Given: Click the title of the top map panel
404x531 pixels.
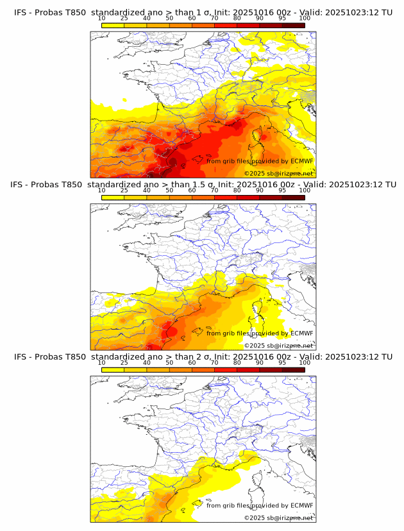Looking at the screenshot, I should [202, 12].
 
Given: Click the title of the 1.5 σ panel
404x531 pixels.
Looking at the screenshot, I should [202, 185].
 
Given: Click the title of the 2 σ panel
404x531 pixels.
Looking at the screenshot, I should [202, 357].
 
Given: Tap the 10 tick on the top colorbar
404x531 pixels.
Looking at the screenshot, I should [102, 19].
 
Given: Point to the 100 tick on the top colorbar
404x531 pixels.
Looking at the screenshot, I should [305, 19].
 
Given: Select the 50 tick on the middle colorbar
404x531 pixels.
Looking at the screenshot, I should [169, 191].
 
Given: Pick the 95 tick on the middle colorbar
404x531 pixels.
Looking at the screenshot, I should [282, 191].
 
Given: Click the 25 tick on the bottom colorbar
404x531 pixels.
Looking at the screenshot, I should [124, 363].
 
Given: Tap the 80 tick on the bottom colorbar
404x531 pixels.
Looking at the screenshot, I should [237, 363].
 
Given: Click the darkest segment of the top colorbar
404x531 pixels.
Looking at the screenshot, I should [293, 25].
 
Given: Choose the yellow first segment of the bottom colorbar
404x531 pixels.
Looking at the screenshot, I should [113, 369].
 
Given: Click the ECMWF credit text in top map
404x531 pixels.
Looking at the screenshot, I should [260, 161].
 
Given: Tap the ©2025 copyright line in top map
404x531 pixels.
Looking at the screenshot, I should [278, 173].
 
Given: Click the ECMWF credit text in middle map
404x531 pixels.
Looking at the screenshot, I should [260, 333].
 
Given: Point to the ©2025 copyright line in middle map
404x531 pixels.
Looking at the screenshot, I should [278, 345].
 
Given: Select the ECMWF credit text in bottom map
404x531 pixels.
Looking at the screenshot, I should [260, 505].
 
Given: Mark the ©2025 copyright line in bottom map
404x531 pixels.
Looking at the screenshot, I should [278, 518].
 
